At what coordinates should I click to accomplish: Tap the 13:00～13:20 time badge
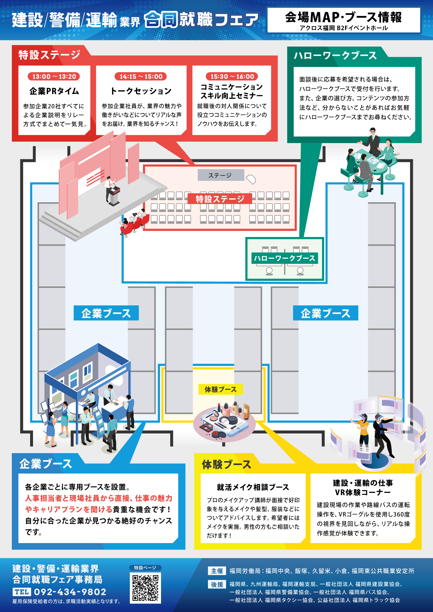click(x=54, y=76)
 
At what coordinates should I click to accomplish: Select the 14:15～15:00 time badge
click(x=141, y=76)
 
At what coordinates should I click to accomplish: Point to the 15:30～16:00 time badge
click(x=232, y=76)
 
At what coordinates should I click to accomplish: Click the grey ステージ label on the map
click(x=221, y=175)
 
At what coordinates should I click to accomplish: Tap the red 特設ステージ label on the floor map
click(x=220, y=199)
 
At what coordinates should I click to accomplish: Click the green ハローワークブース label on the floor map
click(x=284, y=258)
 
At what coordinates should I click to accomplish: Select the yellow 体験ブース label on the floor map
click(x=220, y=389)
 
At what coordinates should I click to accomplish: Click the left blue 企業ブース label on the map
click(x=106, y=313)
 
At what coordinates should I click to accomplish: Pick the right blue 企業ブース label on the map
click(x=325, y=313)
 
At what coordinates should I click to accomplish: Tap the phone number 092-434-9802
click(x=70, y=592)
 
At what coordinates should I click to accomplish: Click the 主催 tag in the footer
click(x=217, y=571)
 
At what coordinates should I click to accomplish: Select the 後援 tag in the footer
click(x=217, y=584)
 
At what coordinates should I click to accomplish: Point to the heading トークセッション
click(x=141, y=91)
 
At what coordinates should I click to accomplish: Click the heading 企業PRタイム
click(x=54, y=91)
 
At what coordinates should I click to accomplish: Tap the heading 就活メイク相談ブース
click(x=253, y=487)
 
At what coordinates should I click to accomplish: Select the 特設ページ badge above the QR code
click(x=145, y=568)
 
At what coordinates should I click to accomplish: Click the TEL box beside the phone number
click(x=22, y=592)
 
